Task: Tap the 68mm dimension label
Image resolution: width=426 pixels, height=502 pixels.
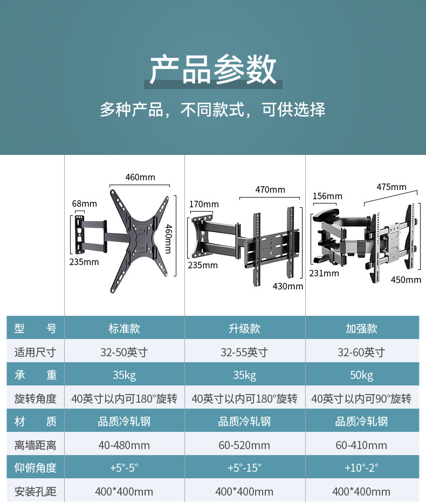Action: (85, 203)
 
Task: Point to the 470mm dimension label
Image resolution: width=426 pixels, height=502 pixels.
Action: (270, 189)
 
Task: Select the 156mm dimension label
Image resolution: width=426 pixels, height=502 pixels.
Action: (327, 196)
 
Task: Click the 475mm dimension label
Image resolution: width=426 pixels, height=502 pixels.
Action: (391, 187)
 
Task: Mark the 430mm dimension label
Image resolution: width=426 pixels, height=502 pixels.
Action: (288, 286)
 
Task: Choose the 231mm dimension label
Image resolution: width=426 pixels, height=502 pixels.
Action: (324, 273)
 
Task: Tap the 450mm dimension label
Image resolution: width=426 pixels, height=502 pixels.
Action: (406, 280)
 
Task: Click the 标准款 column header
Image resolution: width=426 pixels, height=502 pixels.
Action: (124, 329)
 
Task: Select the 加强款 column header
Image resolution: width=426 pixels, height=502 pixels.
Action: (361, 329)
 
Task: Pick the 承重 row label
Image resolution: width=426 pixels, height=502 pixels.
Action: (36, 375)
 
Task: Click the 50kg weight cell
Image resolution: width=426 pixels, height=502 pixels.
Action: (361, 375)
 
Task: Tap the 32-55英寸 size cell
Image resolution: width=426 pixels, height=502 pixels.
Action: (244, 352)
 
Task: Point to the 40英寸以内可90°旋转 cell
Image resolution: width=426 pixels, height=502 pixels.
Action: (361, 399)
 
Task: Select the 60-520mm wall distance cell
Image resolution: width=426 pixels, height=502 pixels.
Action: (244, 445)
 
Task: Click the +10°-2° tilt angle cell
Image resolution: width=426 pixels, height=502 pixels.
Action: (361, 468)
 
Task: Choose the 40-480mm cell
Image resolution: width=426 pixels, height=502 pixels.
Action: (124, 445)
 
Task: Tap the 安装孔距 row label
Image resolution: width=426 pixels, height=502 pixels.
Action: (36, 492)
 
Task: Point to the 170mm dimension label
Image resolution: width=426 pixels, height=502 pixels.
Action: (204, 204)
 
